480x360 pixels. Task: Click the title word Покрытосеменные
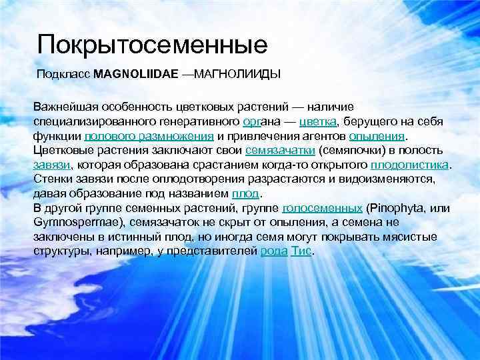point(153,45)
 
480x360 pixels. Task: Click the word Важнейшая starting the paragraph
point(65,107)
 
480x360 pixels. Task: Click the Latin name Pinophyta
point(394,208)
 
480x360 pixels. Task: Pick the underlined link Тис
point(301,251)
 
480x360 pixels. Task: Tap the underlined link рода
point(275,251)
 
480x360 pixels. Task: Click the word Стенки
point(51,179)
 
